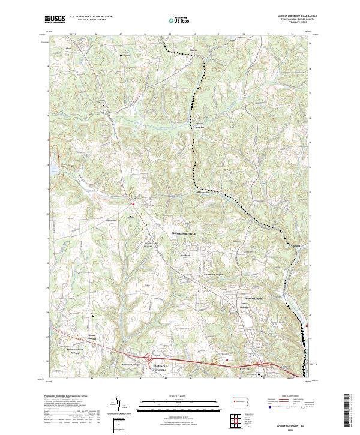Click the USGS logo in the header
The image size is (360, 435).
(55, 19)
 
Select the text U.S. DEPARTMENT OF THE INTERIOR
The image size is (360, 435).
(91, 17)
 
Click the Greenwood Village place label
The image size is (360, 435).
(127, 364)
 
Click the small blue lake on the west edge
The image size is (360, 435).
(54, 170)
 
